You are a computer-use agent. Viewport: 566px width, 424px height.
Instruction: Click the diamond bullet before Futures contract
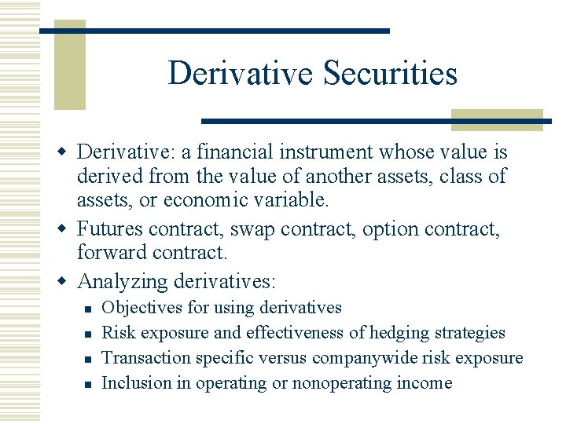pos(66,230)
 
